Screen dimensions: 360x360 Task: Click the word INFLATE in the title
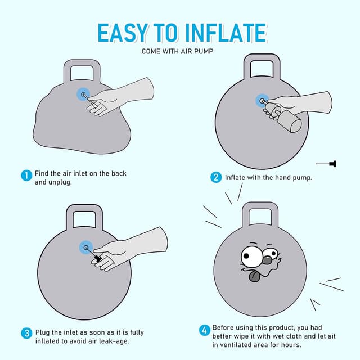tap(226, 33)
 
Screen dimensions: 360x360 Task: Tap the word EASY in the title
tap(122, 33)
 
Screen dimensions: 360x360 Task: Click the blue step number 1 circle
tap(26, 175)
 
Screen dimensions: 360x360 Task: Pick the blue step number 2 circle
tap(216, 178)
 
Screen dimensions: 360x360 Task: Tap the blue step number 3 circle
tap(27, 333)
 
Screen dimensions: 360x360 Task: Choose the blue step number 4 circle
tap(204, 330)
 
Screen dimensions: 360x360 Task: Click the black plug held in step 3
tap(98, 258)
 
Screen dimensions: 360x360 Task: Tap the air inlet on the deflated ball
tap(83, 94)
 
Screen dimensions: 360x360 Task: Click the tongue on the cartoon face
tap(254, 276)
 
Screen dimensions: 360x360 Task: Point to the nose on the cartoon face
tap(268, 260)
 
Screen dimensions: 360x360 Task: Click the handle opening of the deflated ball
tap(82, 74)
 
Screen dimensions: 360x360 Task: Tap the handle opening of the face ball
tap(260, 217)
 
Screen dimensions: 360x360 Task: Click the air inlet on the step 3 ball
tap(86, 247)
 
